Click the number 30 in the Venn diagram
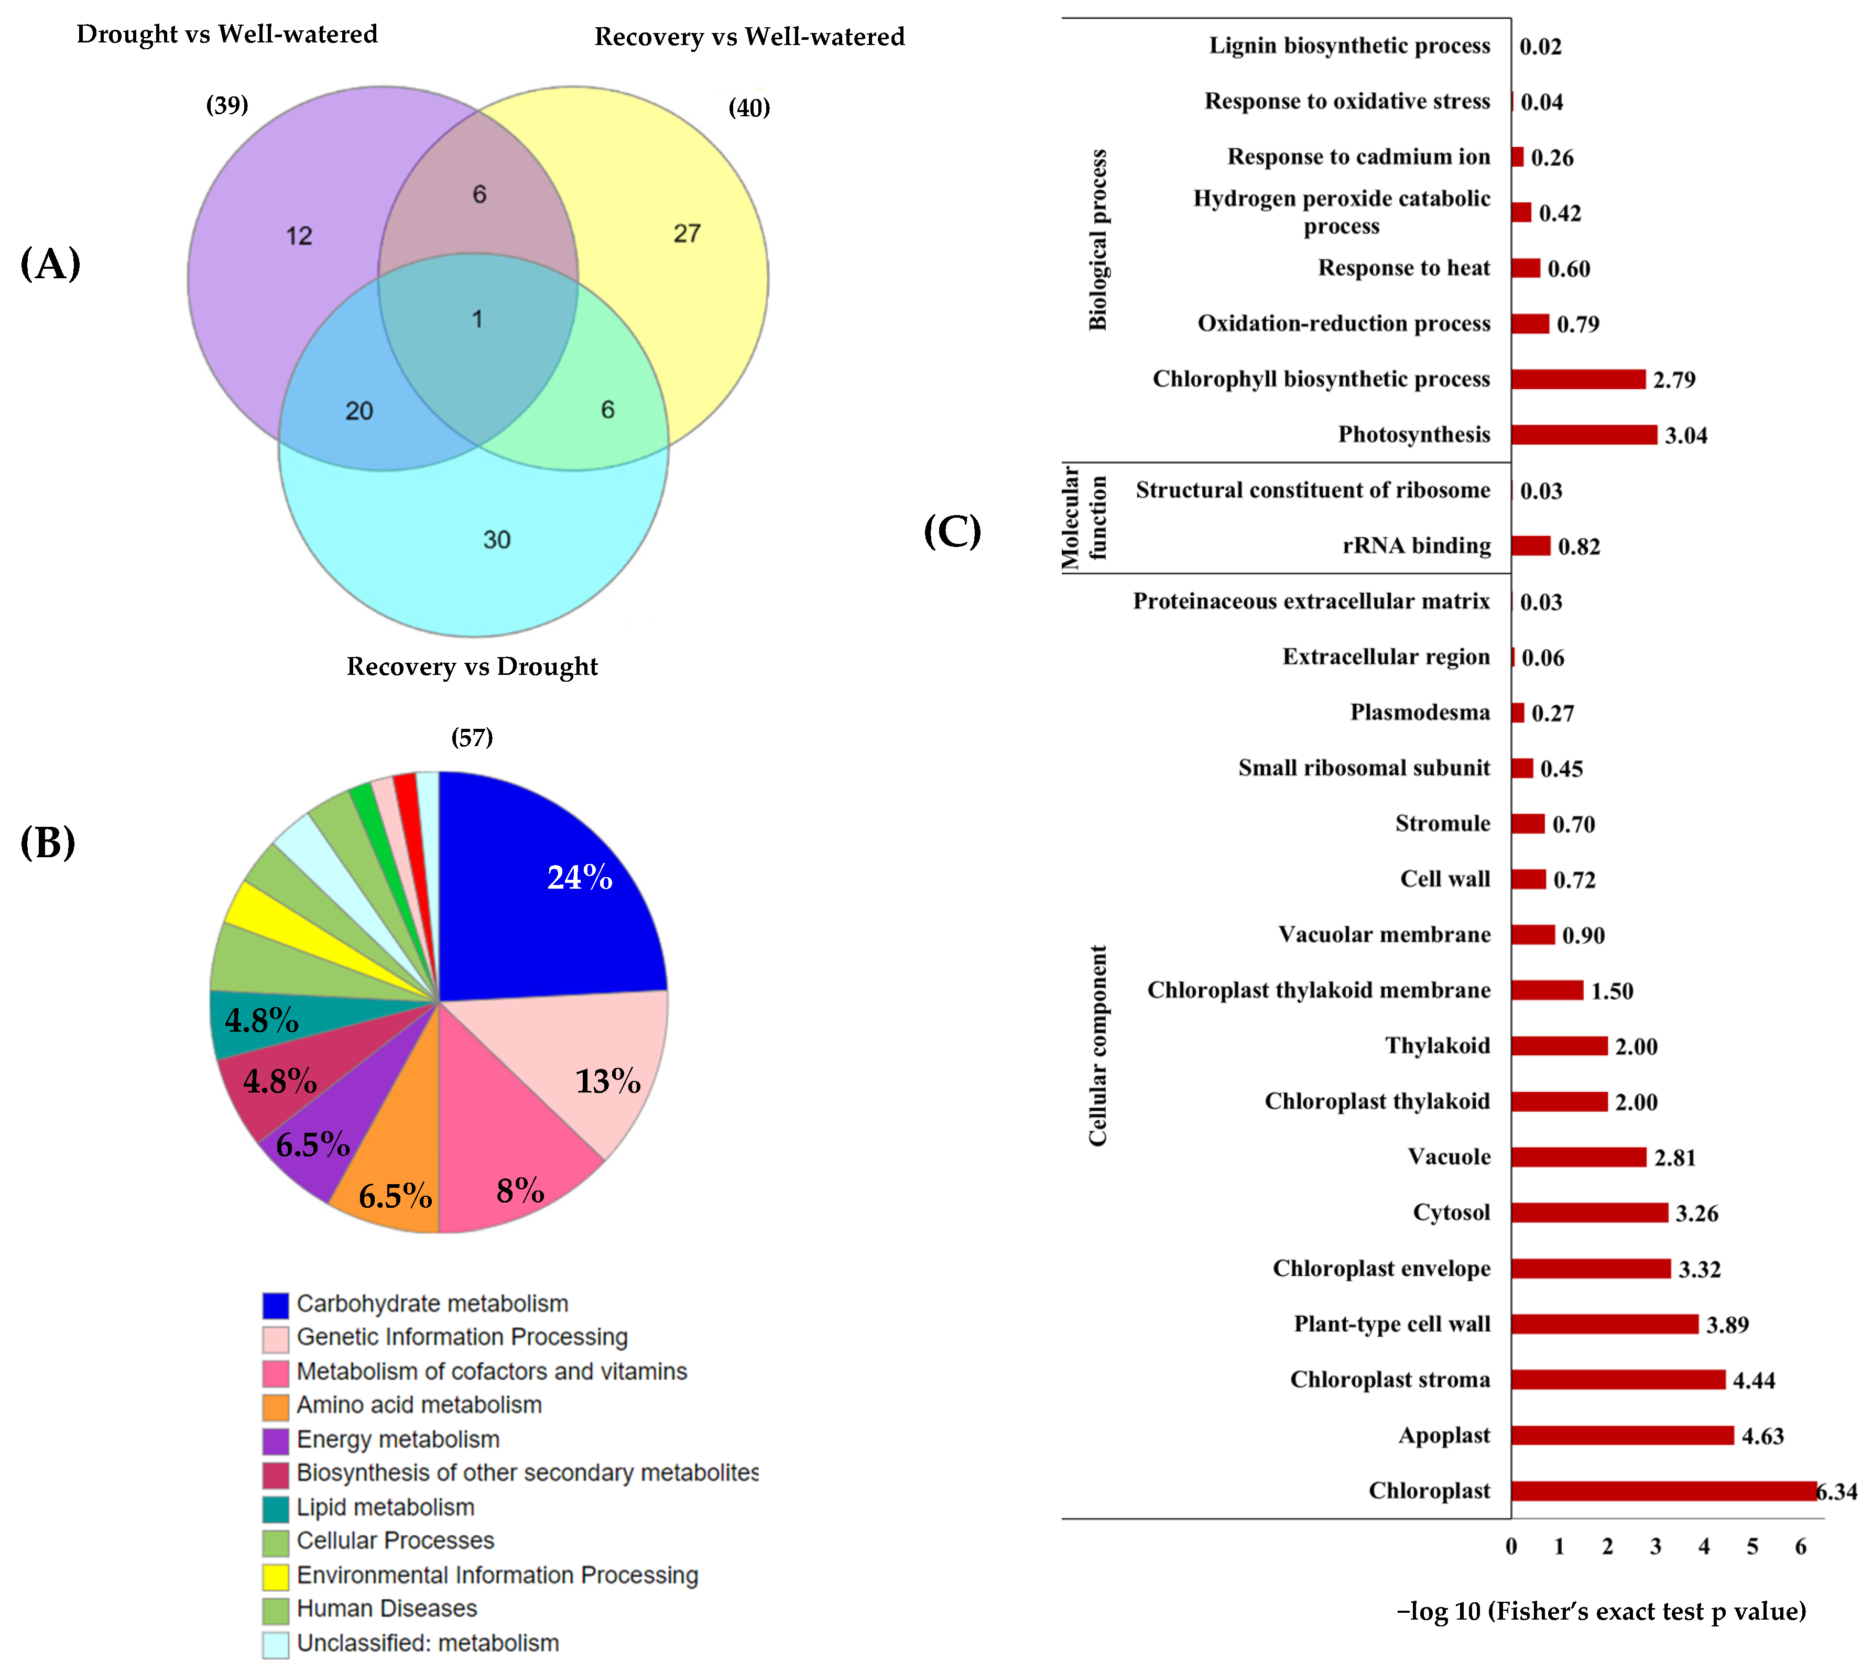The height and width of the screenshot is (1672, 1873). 496,539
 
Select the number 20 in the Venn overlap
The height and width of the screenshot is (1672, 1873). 358,411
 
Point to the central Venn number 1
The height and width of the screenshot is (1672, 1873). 477,319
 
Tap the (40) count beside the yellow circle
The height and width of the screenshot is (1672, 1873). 749,107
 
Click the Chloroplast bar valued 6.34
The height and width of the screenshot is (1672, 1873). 1663,1491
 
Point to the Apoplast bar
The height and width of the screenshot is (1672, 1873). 1621,1435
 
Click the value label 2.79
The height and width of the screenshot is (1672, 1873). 1674,379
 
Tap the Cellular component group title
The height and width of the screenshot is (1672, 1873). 1098,1045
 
